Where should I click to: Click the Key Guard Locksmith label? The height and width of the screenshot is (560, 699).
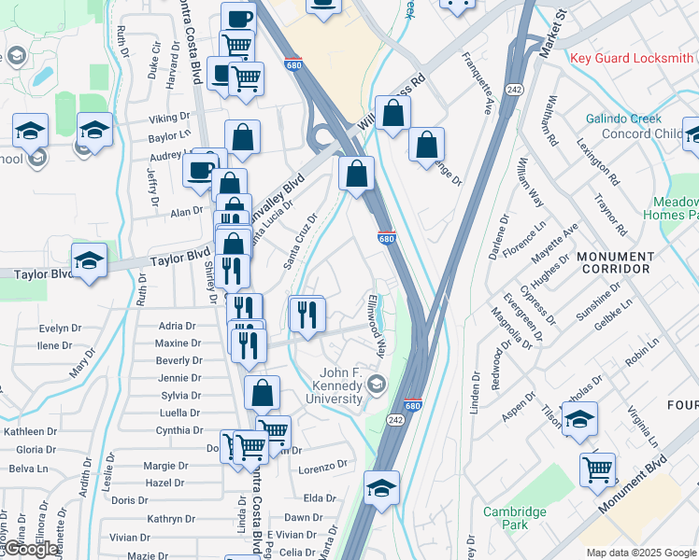(633, 58)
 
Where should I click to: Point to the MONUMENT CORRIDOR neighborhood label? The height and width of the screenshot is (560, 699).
(615, 262)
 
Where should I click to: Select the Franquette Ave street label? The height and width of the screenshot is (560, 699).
(476, 82)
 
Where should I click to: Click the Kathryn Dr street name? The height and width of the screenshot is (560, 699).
(169, 519)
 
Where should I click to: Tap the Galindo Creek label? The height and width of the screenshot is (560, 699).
(623, 119)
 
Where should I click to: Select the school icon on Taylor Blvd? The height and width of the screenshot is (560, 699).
(90, 261)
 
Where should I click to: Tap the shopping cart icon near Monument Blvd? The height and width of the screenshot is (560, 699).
(597, 469)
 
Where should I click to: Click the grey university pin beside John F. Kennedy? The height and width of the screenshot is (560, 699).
(376, 384)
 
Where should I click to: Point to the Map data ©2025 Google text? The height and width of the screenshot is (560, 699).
(641, 553)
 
